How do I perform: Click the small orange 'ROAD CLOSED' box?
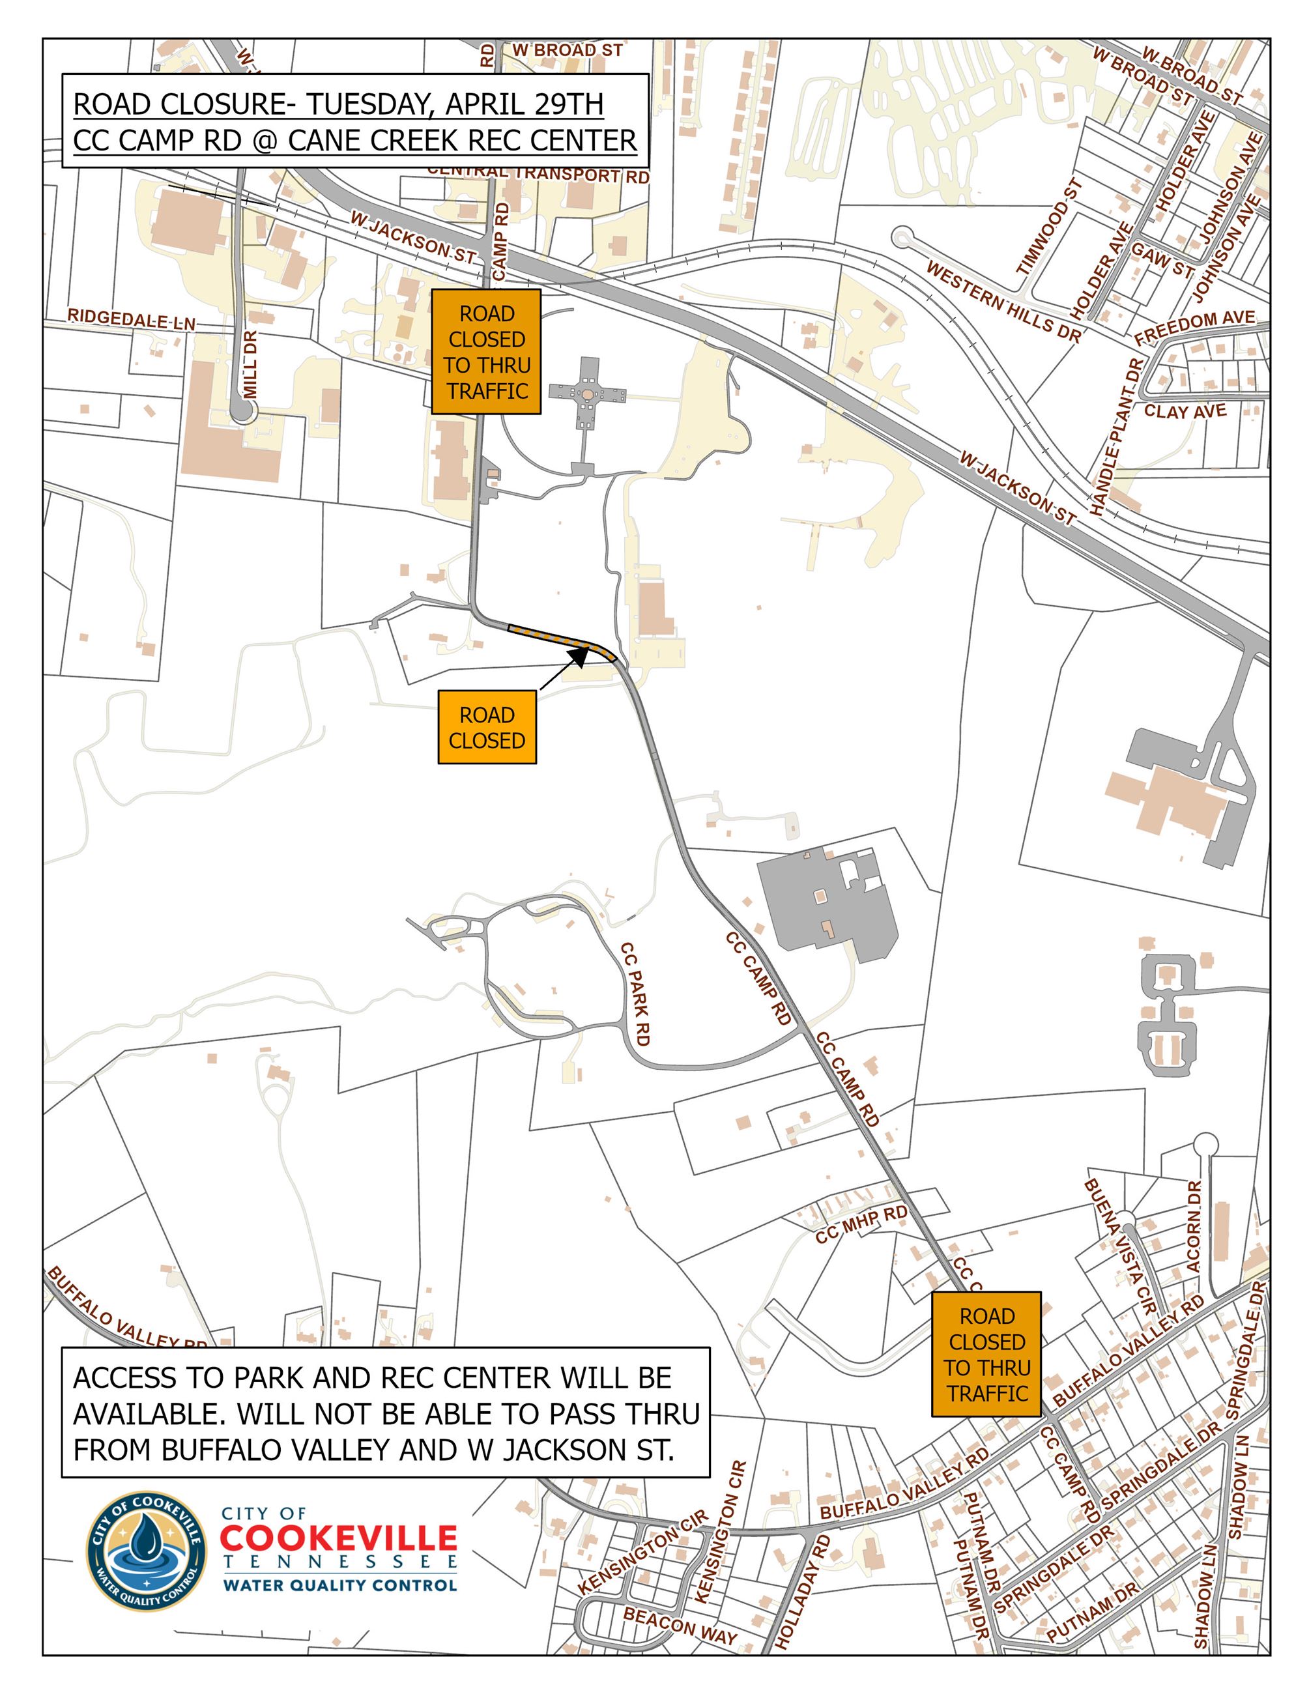(x=486, y=726)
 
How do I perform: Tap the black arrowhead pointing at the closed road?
(x=579, y=656)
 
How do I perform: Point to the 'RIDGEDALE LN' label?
(x=131, y=319)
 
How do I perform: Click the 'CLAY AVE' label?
(x=1185, y=410)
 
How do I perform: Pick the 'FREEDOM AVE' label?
(x=1194, y=327)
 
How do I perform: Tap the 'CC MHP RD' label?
(x=861, y=1225)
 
